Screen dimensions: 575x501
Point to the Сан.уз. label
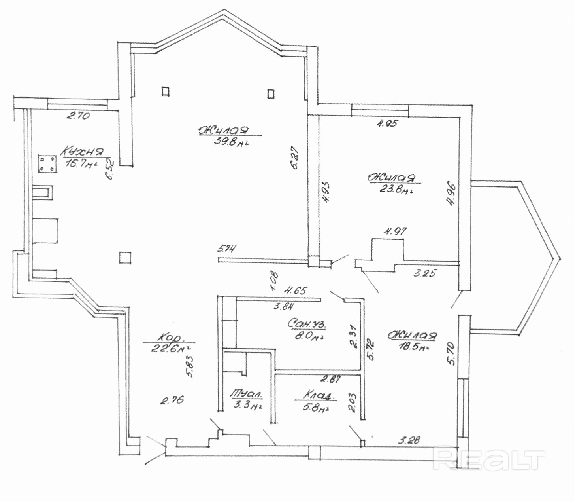(307, 324)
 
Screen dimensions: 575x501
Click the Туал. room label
(247, 394)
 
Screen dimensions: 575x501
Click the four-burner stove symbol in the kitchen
(47, 164)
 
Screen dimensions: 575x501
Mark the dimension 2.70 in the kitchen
(78, 116)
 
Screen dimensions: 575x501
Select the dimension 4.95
(387, 123)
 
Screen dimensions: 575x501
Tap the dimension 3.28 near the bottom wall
(409, 440)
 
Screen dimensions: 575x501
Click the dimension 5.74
(227, 249)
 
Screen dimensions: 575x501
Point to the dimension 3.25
(425, 273)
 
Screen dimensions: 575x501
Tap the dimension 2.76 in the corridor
(172, 400)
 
